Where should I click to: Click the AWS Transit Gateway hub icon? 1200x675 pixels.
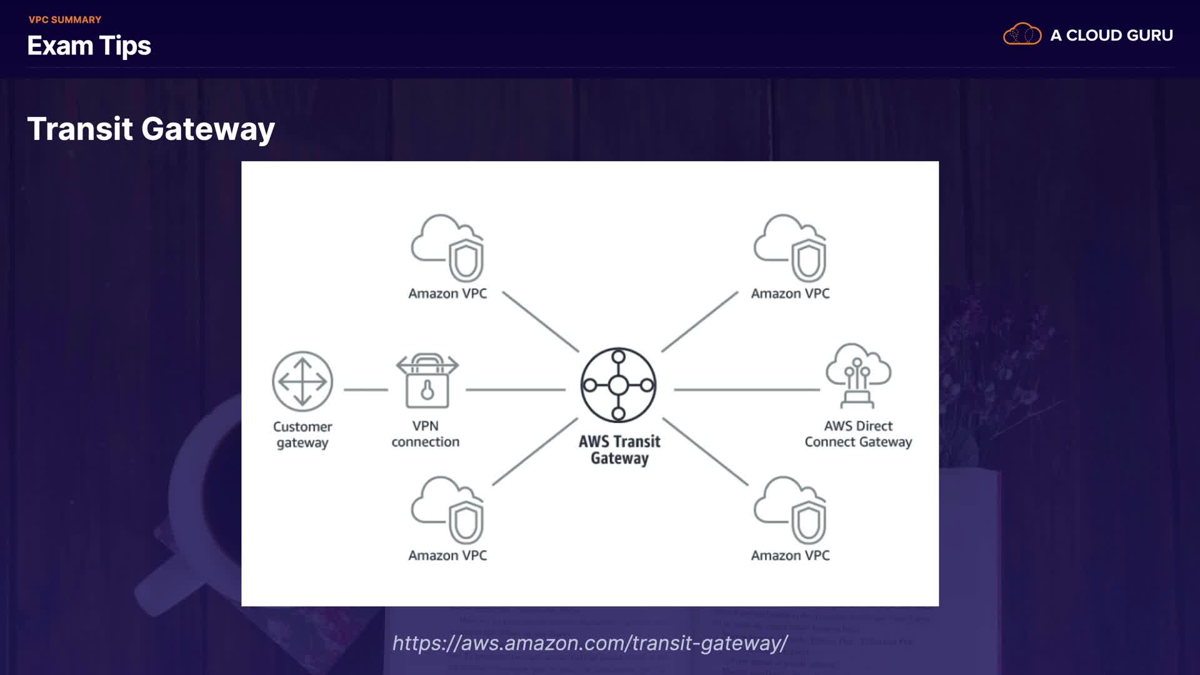618,385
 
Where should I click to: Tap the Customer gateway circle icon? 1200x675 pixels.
302,381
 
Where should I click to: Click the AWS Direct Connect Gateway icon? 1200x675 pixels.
858,375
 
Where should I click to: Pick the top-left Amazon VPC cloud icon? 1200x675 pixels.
447,248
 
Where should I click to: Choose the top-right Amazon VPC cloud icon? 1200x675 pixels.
790,248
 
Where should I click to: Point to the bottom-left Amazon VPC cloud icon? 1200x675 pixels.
447,510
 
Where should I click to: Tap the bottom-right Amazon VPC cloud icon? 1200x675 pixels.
790,510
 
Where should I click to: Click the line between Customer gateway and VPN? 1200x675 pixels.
366,389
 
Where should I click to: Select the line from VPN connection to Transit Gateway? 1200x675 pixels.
516,389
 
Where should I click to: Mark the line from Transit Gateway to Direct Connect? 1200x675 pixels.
747,389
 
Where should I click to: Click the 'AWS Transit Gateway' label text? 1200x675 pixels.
619,450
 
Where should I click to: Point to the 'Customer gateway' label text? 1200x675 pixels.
302,434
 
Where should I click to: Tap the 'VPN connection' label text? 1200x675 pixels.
426,434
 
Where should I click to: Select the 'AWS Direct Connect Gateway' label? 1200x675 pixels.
858,434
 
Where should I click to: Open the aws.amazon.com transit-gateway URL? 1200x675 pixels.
590,642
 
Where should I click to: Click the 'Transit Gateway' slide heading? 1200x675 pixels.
151,129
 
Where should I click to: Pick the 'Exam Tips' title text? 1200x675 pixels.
89,46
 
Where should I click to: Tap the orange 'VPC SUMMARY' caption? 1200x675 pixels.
65,20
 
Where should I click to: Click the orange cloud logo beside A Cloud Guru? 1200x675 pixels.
1022,34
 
